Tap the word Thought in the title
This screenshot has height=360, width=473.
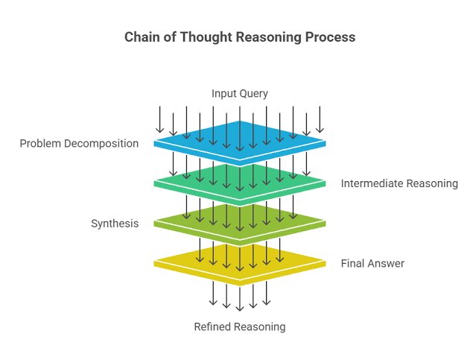203,38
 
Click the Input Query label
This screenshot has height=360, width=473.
239,93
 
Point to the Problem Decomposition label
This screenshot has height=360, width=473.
79,144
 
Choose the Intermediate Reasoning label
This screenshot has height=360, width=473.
399,183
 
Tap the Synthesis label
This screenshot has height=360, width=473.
115,224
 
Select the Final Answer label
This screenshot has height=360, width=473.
372,264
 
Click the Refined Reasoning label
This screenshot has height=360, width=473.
239,326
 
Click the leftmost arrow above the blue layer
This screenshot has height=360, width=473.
159,119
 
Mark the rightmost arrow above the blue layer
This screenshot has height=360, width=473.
320,119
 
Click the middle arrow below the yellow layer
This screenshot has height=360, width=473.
239,297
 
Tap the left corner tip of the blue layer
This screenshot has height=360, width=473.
155,142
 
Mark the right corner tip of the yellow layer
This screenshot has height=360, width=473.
325,262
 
